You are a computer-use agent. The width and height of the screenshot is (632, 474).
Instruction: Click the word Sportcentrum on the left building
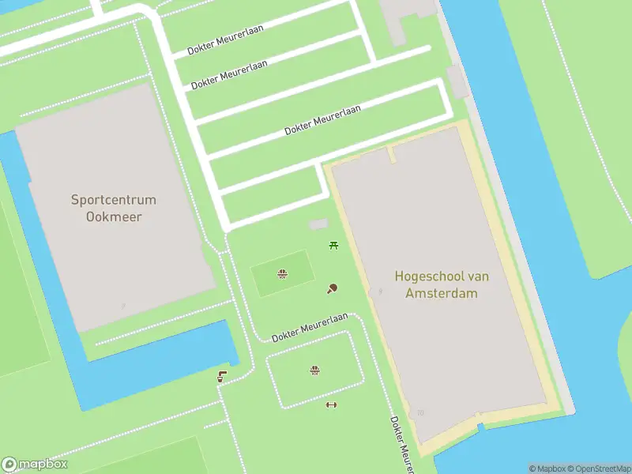click(114, 200)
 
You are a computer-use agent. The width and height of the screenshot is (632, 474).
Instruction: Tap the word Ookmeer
click(114, 216)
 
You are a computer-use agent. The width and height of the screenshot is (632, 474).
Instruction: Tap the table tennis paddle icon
click(333, 288)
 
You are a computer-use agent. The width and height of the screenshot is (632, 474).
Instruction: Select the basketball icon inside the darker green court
click(281, 274)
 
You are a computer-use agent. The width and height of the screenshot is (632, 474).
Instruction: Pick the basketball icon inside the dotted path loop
click(314, 370)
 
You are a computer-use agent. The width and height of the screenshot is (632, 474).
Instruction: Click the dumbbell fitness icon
click(331, 405)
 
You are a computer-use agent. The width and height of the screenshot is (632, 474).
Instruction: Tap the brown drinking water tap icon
click(222, 377)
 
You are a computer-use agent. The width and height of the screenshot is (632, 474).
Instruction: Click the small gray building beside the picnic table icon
click(318, 225)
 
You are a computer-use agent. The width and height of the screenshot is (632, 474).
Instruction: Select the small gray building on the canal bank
click(457, 82)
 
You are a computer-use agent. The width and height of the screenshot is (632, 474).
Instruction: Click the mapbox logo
click(35, 465)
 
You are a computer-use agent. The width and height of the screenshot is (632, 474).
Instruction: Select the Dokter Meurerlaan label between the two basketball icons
click(310, 327)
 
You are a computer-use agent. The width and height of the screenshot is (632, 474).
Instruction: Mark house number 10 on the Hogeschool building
click(420, 412)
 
